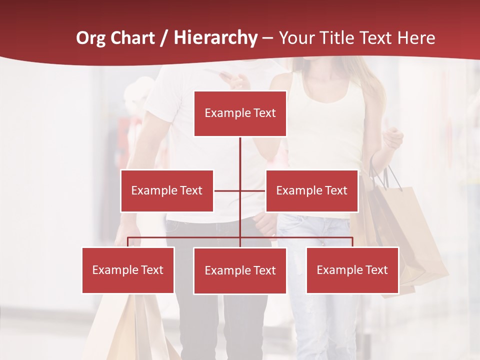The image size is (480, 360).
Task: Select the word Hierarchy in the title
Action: coord(215,38)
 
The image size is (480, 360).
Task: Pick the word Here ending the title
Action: coord(416,38)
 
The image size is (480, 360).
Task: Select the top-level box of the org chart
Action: coord(240,113)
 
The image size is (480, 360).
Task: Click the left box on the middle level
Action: coord(166,190)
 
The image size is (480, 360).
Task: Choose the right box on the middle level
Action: coord(311,190)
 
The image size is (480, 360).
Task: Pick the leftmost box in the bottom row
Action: coord(128,270)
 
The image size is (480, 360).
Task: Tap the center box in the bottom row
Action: coord(240,270)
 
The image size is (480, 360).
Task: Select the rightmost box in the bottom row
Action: coord(352,270)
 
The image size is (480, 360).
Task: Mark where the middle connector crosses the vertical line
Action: coord(240,190)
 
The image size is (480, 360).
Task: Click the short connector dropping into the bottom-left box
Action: coord(128,242)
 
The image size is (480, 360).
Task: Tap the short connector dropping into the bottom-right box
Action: coord(352,242)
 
